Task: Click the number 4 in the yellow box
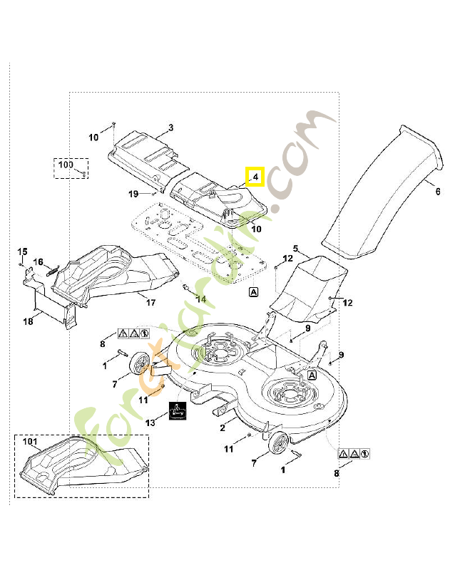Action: point(255,176)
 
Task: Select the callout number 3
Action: point(171,128)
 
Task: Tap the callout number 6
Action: point(437,191)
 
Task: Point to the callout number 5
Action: point(296,250)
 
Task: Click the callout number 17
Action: point(150,303)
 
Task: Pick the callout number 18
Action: point(28,321)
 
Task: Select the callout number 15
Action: point(22,252)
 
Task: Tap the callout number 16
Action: point(39,261)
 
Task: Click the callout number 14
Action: point(201,299)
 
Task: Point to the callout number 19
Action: point(133,194)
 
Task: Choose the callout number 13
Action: point(149,423)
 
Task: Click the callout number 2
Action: point(223,427)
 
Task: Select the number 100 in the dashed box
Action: point(66,165)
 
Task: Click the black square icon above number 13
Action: point(178,412)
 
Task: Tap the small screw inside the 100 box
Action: point(83,172)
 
